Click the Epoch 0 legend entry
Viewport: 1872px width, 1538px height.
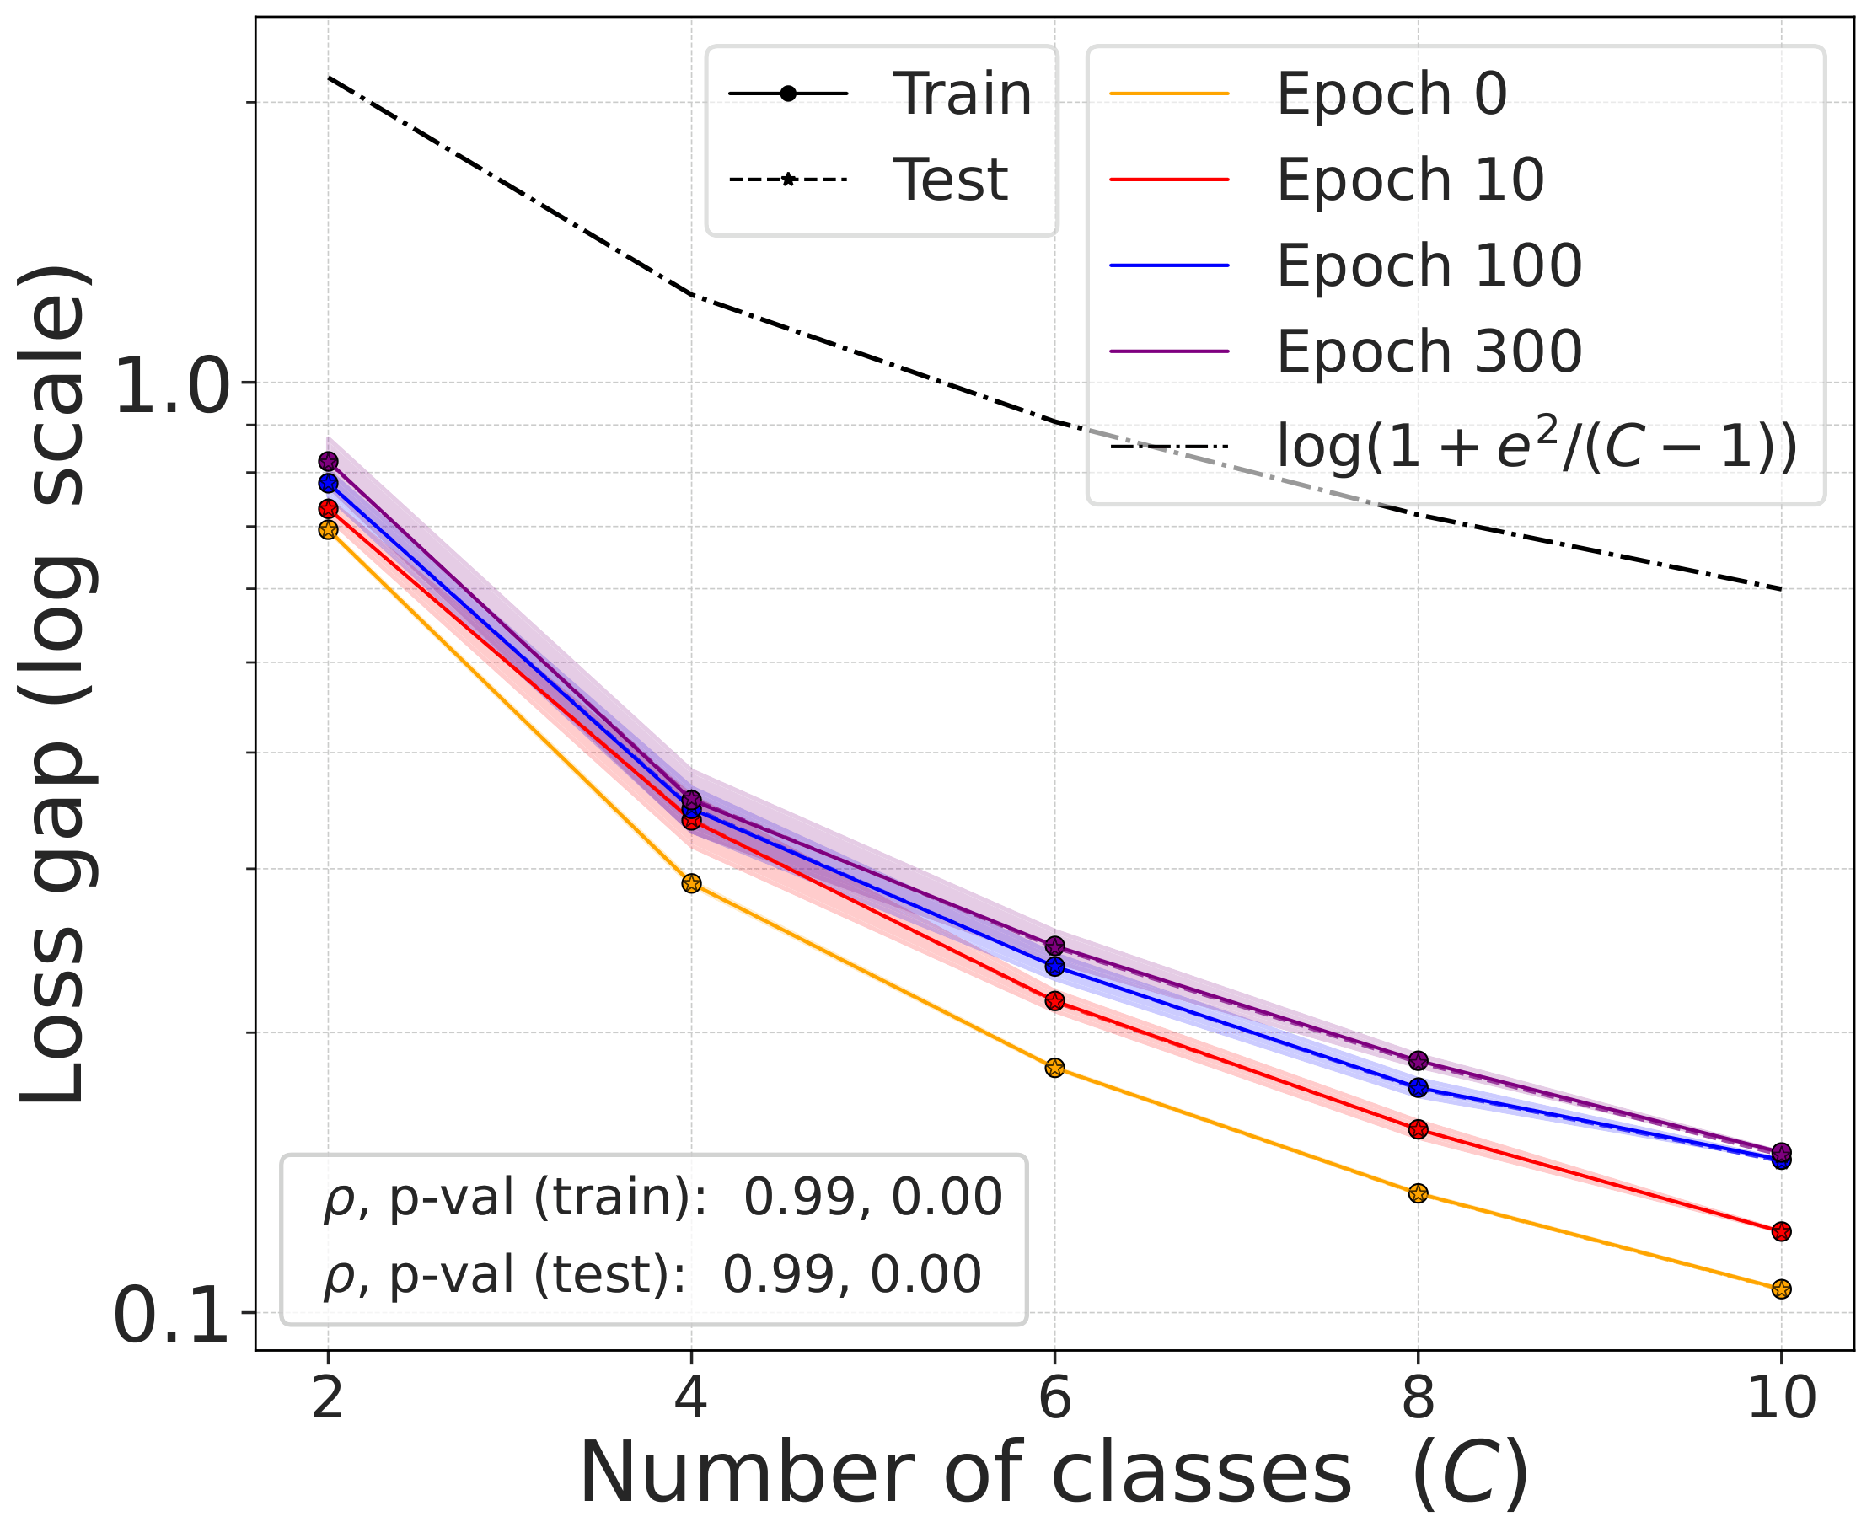click(x=1390, y=93)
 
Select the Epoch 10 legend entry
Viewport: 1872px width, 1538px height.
click(x=1408, y=179)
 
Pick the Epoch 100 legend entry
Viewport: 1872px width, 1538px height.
click(x=1427, y=265)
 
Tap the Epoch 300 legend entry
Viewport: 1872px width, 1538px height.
click(x=1427, y=351)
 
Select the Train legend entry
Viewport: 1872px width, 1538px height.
click(x=961, y=93)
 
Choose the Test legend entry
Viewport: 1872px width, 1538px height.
click(x=950, y=179)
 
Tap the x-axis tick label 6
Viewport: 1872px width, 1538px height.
click(x=1054, y=1400)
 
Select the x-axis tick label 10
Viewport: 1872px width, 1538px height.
click(x=1781, y=1400)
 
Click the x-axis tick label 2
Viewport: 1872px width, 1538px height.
click(x=328, y=1400)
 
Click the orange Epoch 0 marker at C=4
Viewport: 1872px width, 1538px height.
click(x=691, y=883)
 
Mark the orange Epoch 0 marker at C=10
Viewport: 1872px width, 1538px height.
click(x=1781, y=1289)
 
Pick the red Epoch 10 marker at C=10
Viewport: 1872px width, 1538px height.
click(x=1781, y=1231)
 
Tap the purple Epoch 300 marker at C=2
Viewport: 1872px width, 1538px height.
click(x=328, y=462)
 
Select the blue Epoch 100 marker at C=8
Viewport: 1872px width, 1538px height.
click(x=1418, y=1087)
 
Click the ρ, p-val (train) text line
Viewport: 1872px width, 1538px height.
click(x=662, y=1198)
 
